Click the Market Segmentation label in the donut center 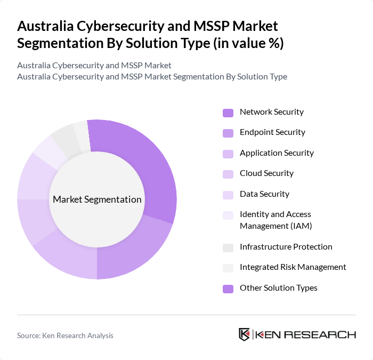pyautogui.click(x=97, y=199)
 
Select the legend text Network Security pyautogui.click(x=271, y=112)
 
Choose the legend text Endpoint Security pyautogui.click(x=272, y=132)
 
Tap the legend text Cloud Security pyautogui.click(x=266, y=173)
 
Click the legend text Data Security pyautogui.click(x=264, y=194)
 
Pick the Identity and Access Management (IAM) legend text pyautogui.click(x=275, y=220)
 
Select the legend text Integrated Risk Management pyautogui.click(x=293, y=267)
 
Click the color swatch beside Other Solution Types pyautogui.click(x=228, y=289)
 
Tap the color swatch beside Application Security pyautogui.click(x=228, y=154)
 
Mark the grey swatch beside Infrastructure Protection pyautogui.click(x=228, y=247)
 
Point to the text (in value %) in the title pyautogui.click(x=248, y=43)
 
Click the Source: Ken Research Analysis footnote pyautogui.click(x=65, y=335)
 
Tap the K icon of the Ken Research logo pyautogui.click(x=245, y=335)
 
